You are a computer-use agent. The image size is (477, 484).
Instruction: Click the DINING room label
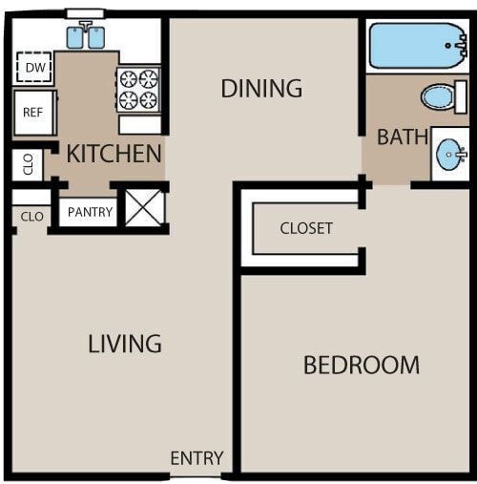(x=261, y=89)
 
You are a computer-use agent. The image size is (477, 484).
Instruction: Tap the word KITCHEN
(x=114, y=153)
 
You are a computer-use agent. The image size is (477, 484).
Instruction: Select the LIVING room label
(x=125, y=344)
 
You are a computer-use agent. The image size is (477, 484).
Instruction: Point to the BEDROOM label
(x=361, y=365)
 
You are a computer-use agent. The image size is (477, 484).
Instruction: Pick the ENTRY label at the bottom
(x=197, y=459)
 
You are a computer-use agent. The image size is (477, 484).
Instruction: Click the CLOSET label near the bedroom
(x=306, y=228)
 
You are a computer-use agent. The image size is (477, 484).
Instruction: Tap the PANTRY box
(x=90, y=212)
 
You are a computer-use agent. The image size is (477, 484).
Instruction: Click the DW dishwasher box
(x=35, y=68)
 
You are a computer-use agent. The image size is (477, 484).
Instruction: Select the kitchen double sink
(x=85, y=37)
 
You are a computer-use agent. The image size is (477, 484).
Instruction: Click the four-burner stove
(x=138, y=89)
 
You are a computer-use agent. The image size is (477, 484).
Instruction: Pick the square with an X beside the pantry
(x=145, y=208)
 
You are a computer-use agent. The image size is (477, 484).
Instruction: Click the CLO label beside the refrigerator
(x=27, y=164)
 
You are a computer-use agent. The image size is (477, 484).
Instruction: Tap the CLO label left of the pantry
(x=31, y=217)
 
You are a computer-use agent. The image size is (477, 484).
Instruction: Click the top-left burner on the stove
(x=129, y=79)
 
